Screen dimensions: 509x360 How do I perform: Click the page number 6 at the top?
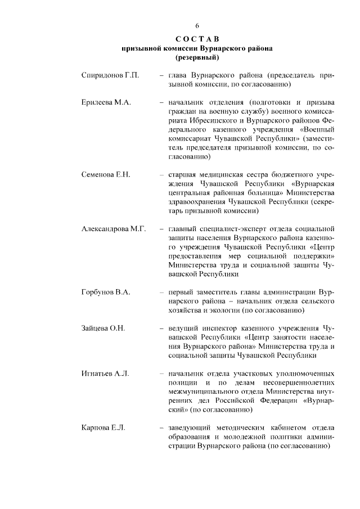197,26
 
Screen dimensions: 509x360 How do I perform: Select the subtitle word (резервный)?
197,57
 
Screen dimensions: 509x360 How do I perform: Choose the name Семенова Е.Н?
106,175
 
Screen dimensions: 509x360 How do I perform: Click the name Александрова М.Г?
114,229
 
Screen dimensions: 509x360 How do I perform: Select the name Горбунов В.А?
106,292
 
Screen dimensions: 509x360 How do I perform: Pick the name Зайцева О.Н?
103,328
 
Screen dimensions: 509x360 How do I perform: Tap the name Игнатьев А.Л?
105,373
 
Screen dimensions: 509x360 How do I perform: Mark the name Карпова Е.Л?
103,427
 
